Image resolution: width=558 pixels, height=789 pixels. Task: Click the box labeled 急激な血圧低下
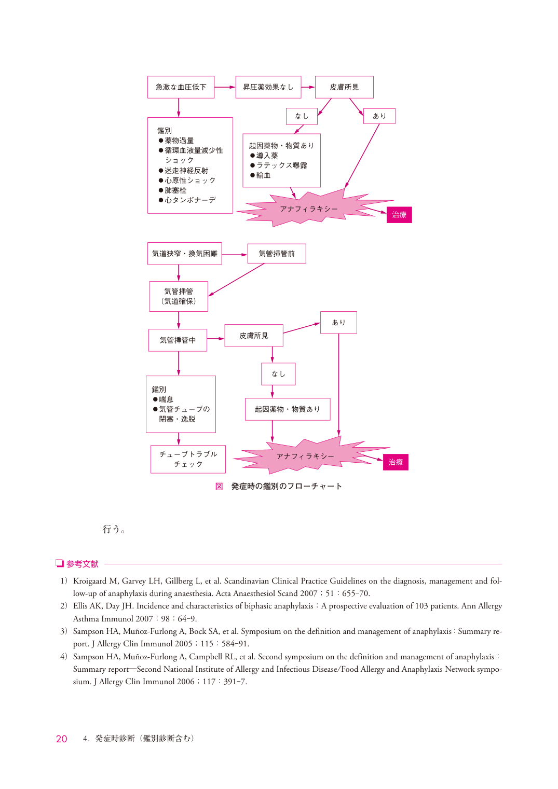click(181, 87)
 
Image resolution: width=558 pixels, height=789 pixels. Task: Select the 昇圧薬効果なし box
click(268, 87)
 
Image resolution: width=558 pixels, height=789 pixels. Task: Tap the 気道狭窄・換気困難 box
click(184, 253)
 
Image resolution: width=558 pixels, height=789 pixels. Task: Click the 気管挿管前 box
click(277, 253)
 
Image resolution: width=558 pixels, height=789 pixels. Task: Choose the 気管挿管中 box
click(178, 340)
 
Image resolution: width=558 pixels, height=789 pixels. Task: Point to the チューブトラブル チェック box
click(188, 459)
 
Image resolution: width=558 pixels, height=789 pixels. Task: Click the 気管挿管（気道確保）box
click(179, 296)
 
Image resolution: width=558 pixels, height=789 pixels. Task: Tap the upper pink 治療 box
click(399, 215)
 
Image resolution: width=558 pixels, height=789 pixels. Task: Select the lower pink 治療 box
click(396, 462)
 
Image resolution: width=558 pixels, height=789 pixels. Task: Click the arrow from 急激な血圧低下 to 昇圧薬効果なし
click(225, 87)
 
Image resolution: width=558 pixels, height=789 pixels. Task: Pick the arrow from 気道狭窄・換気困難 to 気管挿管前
click(235, 254)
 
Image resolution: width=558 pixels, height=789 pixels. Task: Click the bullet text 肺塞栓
click(175, 190)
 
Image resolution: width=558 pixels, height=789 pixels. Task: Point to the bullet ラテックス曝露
click(282, 165)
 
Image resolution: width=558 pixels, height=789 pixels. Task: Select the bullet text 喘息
click(166, 399)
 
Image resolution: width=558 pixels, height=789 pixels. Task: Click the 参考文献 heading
click(82, 564)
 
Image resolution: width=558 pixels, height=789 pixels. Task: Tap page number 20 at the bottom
click(61, 739)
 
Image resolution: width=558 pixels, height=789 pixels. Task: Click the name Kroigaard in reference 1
click(90, 581)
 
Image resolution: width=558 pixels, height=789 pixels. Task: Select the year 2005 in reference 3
click(183, 644)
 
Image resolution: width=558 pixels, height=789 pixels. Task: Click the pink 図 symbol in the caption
click(219, 486)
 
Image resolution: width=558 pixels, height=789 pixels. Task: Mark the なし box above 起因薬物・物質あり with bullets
click(302, 116)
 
